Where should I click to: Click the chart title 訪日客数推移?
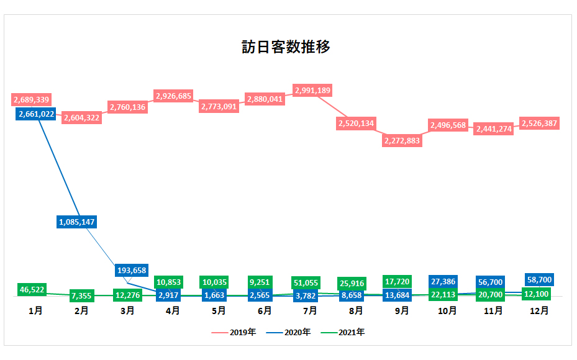pos(286,47)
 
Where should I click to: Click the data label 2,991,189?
pos(312,91)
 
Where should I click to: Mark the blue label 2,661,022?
pos(37,114)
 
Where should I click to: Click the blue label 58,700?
pos(538,279)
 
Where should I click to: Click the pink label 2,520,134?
pos(357,124)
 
